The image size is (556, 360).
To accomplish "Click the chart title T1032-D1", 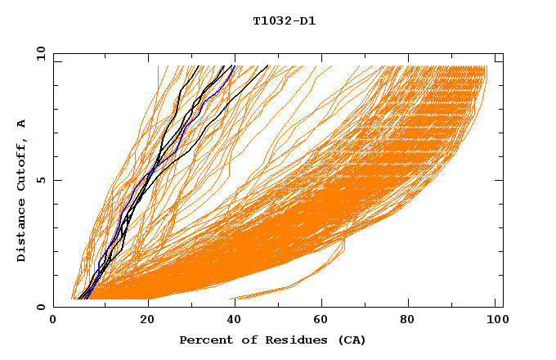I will pos(284,20).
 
